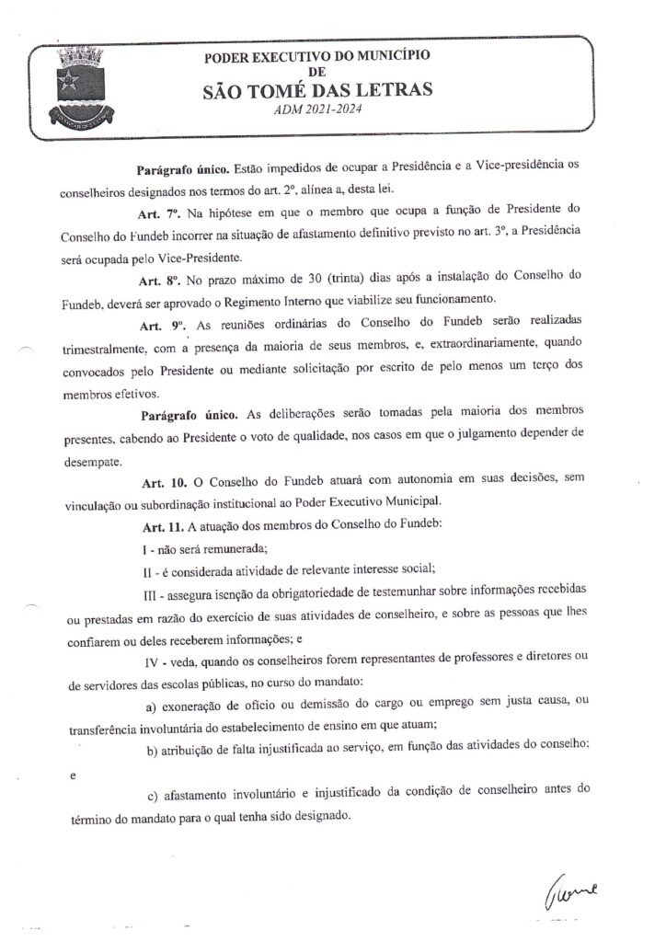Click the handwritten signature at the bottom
tap(572, 890)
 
